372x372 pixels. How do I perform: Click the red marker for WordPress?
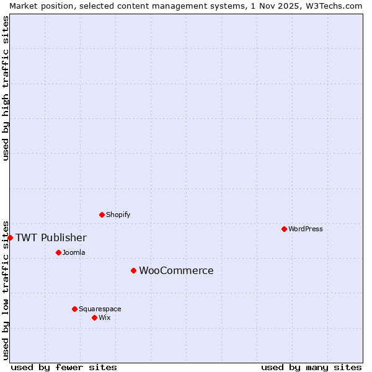coord(284,229)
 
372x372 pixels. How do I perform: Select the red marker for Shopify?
coord(102,215)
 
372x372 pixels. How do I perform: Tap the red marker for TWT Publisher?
coord(10,237)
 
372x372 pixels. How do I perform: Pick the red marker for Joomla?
coord(58,252)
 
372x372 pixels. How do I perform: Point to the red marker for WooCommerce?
coord(133,270)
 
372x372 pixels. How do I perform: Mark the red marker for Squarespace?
coord(74,309)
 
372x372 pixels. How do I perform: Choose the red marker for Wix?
coord(94,317)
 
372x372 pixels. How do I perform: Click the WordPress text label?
coord(306,229)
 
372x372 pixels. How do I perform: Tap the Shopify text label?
coord(118,215)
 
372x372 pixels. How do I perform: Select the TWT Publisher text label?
coord(51,238)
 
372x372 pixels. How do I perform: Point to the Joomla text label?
coord(74,252)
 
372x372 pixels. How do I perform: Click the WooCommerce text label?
coord(176,271)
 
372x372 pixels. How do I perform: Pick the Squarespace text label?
coord(100,309)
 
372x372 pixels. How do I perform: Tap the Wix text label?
coord(105,317)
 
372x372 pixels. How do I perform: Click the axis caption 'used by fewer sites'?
coord(64,367)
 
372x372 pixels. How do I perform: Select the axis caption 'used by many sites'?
coord(311,367)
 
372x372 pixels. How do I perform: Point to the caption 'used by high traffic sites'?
coord(6,88)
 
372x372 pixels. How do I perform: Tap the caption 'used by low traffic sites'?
coord(6,290)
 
